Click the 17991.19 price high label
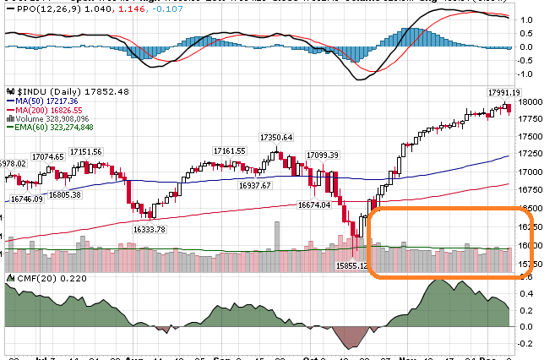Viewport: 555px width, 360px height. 503,92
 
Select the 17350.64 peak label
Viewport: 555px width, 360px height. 276,137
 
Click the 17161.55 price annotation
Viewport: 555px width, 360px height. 229,150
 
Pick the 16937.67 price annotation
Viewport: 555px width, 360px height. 254,185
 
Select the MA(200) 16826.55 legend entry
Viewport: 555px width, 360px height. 46,110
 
